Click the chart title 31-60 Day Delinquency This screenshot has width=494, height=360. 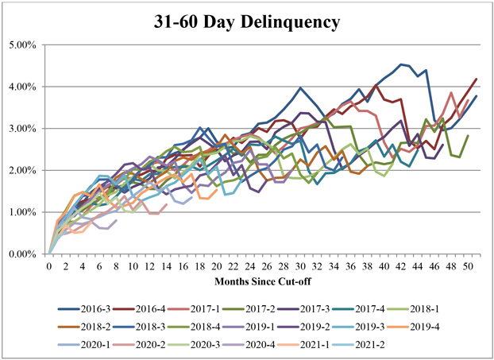(246, 21)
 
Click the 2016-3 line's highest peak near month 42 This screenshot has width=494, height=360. (401, 64)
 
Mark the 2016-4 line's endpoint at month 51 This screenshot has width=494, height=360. (477, 79)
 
